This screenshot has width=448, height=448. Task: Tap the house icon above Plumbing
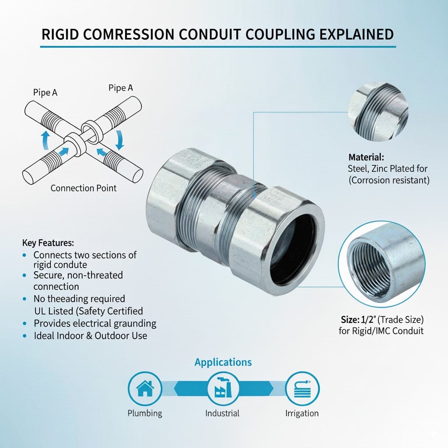pos(144,388)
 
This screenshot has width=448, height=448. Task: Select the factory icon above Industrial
pos(223,388)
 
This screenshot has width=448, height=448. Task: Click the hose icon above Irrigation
pos(302,388)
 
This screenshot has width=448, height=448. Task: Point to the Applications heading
pos(223,362)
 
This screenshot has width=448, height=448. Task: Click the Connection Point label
pos(84,188)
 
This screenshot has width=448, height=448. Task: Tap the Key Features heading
pos(48,243)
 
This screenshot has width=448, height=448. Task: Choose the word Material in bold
pos(366,157)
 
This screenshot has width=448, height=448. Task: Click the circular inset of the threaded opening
pos(381,264)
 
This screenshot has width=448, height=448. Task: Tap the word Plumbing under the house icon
pos(144,413)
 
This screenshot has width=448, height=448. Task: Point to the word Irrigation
pos(302,413)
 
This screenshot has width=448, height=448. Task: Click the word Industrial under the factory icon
pos(223,413)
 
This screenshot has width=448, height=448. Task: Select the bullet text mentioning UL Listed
pos(88,311)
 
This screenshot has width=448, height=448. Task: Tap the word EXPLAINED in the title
pos(355,35)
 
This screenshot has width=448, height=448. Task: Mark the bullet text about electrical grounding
pos(95,323)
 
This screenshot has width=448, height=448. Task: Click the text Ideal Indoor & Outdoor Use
pos(90,336)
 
